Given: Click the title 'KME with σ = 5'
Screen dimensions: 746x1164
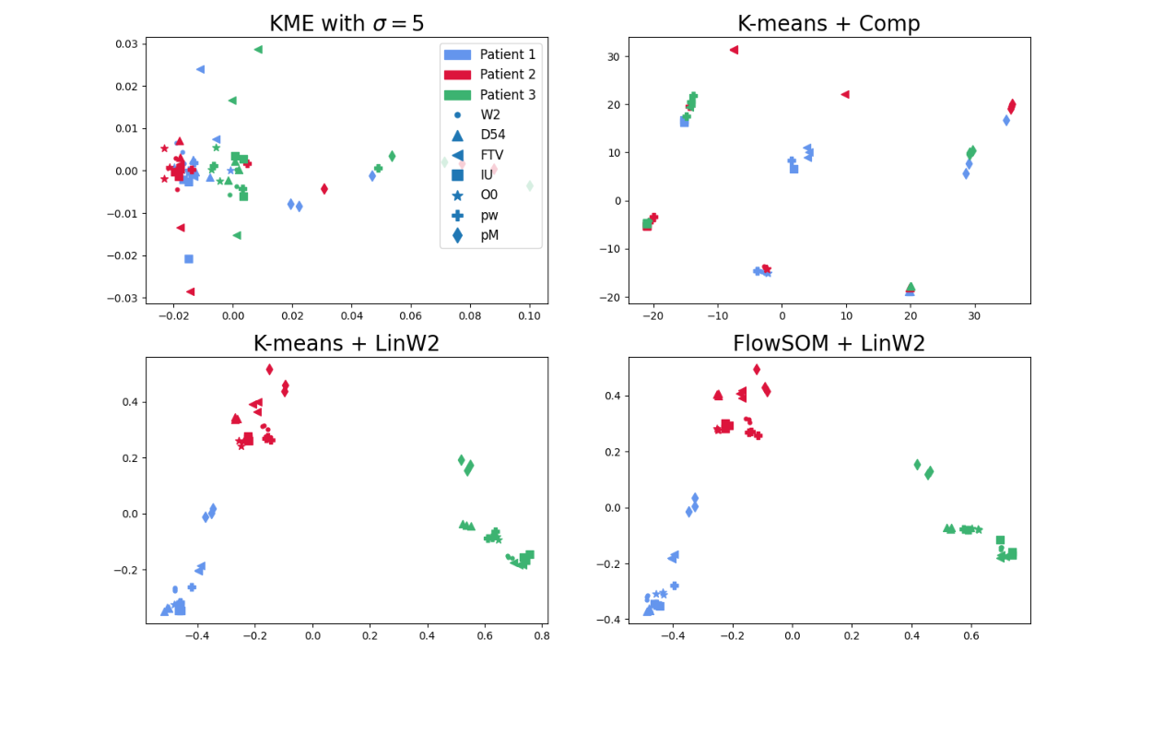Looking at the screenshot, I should pyautogui.click(x=347, y=24).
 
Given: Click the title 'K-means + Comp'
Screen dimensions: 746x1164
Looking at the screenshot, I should pyautogui.click(x=829, y=24).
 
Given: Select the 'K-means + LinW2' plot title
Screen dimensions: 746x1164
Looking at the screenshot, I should pyautogui.click(x=347, y=344).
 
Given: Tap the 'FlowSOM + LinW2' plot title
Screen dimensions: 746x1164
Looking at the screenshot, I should pyautogui.click(x=829, y=344).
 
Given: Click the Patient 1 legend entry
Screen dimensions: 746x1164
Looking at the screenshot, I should pyautogui.click(x=489, y=54).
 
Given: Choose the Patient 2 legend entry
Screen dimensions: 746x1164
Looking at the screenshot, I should pyautogui.click(x=489, y=75).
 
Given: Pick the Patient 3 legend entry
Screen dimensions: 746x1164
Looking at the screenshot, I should pyautogui.click(x=489, y=95).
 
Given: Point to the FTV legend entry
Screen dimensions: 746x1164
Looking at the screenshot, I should pyautogui.click(x=489, y=155).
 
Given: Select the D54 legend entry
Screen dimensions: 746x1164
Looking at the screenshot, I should pyautogui.click(x=489, y=135).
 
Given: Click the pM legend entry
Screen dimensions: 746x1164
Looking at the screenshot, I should pyautogui.click(x=489, y=235).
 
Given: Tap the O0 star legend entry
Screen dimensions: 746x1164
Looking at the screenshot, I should pyautogui.click(x=489, y=195).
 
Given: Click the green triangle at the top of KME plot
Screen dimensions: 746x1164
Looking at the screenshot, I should pyautogui.click(x=258, y=50).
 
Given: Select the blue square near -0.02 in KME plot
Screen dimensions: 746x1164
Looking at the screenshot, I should pyautogui.click(x=189, y=259).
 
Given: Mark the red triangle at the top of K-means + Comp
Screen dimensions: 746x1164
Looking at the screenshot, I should pyautogui.click(x=734, y=50).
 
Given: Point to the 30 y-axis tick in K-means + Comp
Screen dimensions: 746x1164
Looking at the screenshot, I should pyautogui.click(x=612, y=56).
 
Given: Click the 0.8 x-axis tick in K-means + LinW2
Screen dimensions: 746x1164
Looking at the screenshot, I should pyautogui.click(x=542, y=635).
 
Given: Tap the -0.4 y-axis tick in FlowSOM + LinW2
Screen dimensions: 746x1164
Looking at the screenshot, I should pyautogui.click(x=609, y=620).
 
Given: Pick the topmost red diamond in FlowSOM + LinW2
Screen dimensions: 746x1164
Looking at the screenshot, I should pyautogui.click(x=757, y=370).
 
